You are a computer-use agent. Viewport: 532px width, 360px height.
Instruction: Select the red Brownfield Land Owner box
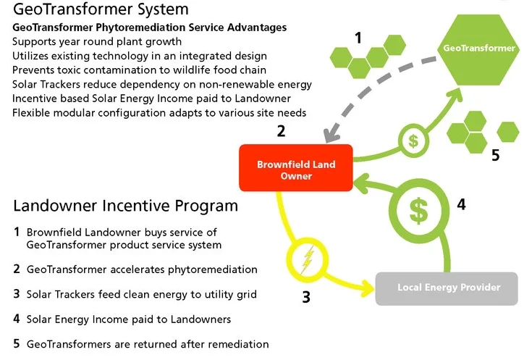[296, 170]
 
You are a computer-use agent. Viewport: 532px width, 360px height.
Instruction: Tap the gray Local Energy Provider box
[448, 288]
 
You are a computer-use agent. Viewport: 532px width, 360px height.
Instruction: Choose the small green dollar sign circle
[413, 139]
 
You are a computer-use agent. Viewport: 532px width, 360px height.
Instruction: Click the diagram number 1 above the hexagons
[358, 38]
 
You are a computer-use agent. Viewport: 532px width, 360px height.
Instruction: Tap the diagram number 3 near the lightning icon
[306, 296]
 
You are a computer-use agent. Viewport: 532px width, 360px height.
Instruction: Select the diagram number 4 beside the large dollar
[461, 204]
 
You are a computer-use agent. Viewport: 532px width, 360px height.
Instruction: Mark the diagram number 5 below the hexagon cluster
[495, 155]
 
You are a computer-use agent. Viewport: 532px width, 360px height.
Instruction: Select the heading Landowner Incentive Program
[125, 206]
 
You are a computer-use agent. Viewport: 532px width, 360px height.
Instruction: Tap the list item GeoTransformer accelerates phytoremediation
[142, 269]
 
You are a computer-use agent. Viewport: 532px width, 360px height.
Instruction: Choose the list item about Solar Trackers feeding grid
[141, 294]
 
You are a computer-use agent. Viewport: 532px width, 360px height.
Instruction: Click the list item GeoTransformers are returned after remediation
[148, 344]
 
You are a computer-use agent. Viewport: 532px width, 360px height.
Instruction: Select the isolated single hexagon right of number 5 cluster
[509, 131]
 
